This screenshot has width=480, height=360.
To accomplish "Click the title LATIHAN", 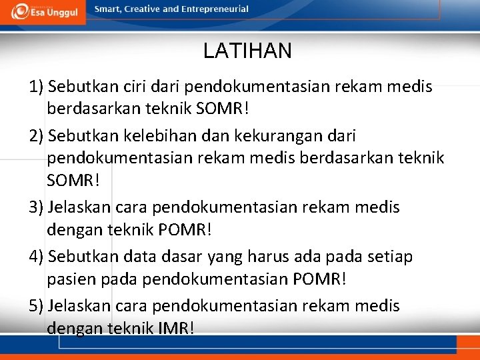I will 247,51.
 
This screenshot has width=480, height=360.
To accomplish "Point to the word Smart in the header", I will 107,9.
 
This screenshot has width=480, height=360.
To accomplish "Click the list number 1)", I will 37,87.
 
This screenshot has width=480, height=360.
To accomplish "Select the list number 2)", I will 37,137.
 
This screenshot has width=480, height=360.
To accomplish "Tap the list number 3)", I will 37,208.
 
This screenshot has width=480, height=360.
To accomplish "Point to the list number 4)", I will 37,257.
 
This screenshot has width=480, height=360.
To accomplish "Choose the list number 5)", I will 37,307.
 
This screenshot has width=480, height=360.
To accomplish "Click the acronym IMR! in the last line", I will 177,328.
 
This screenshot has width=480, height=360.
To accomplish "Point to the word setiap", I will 389,257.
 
